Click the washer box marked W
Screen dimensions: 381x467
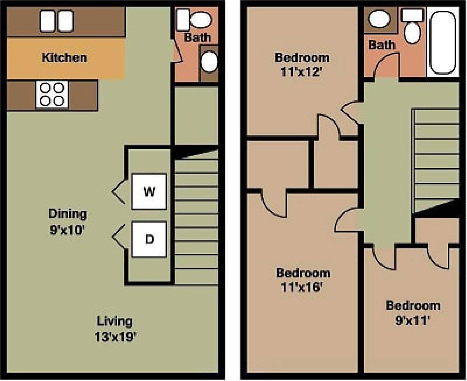(x=149, y=191)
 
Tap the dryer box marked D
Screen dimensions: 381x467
(x=149, y=239)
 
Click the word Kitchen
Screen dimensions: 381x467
(x=64, y=58)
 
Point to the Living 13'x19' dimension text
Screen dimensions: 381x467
(x=115, y=337)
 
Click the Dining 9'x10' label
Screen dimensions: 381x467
(x=67, y=222)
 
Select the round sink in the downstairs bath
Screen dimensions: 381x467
(x=209, y=62)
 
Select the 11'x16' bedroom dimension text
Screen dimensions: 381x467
(x=302, y=287)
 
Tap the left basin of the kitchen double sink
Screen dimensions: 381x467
(x=48, y=21)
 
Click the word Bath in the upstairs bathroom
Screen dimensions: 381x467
(x=381, y=45)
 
